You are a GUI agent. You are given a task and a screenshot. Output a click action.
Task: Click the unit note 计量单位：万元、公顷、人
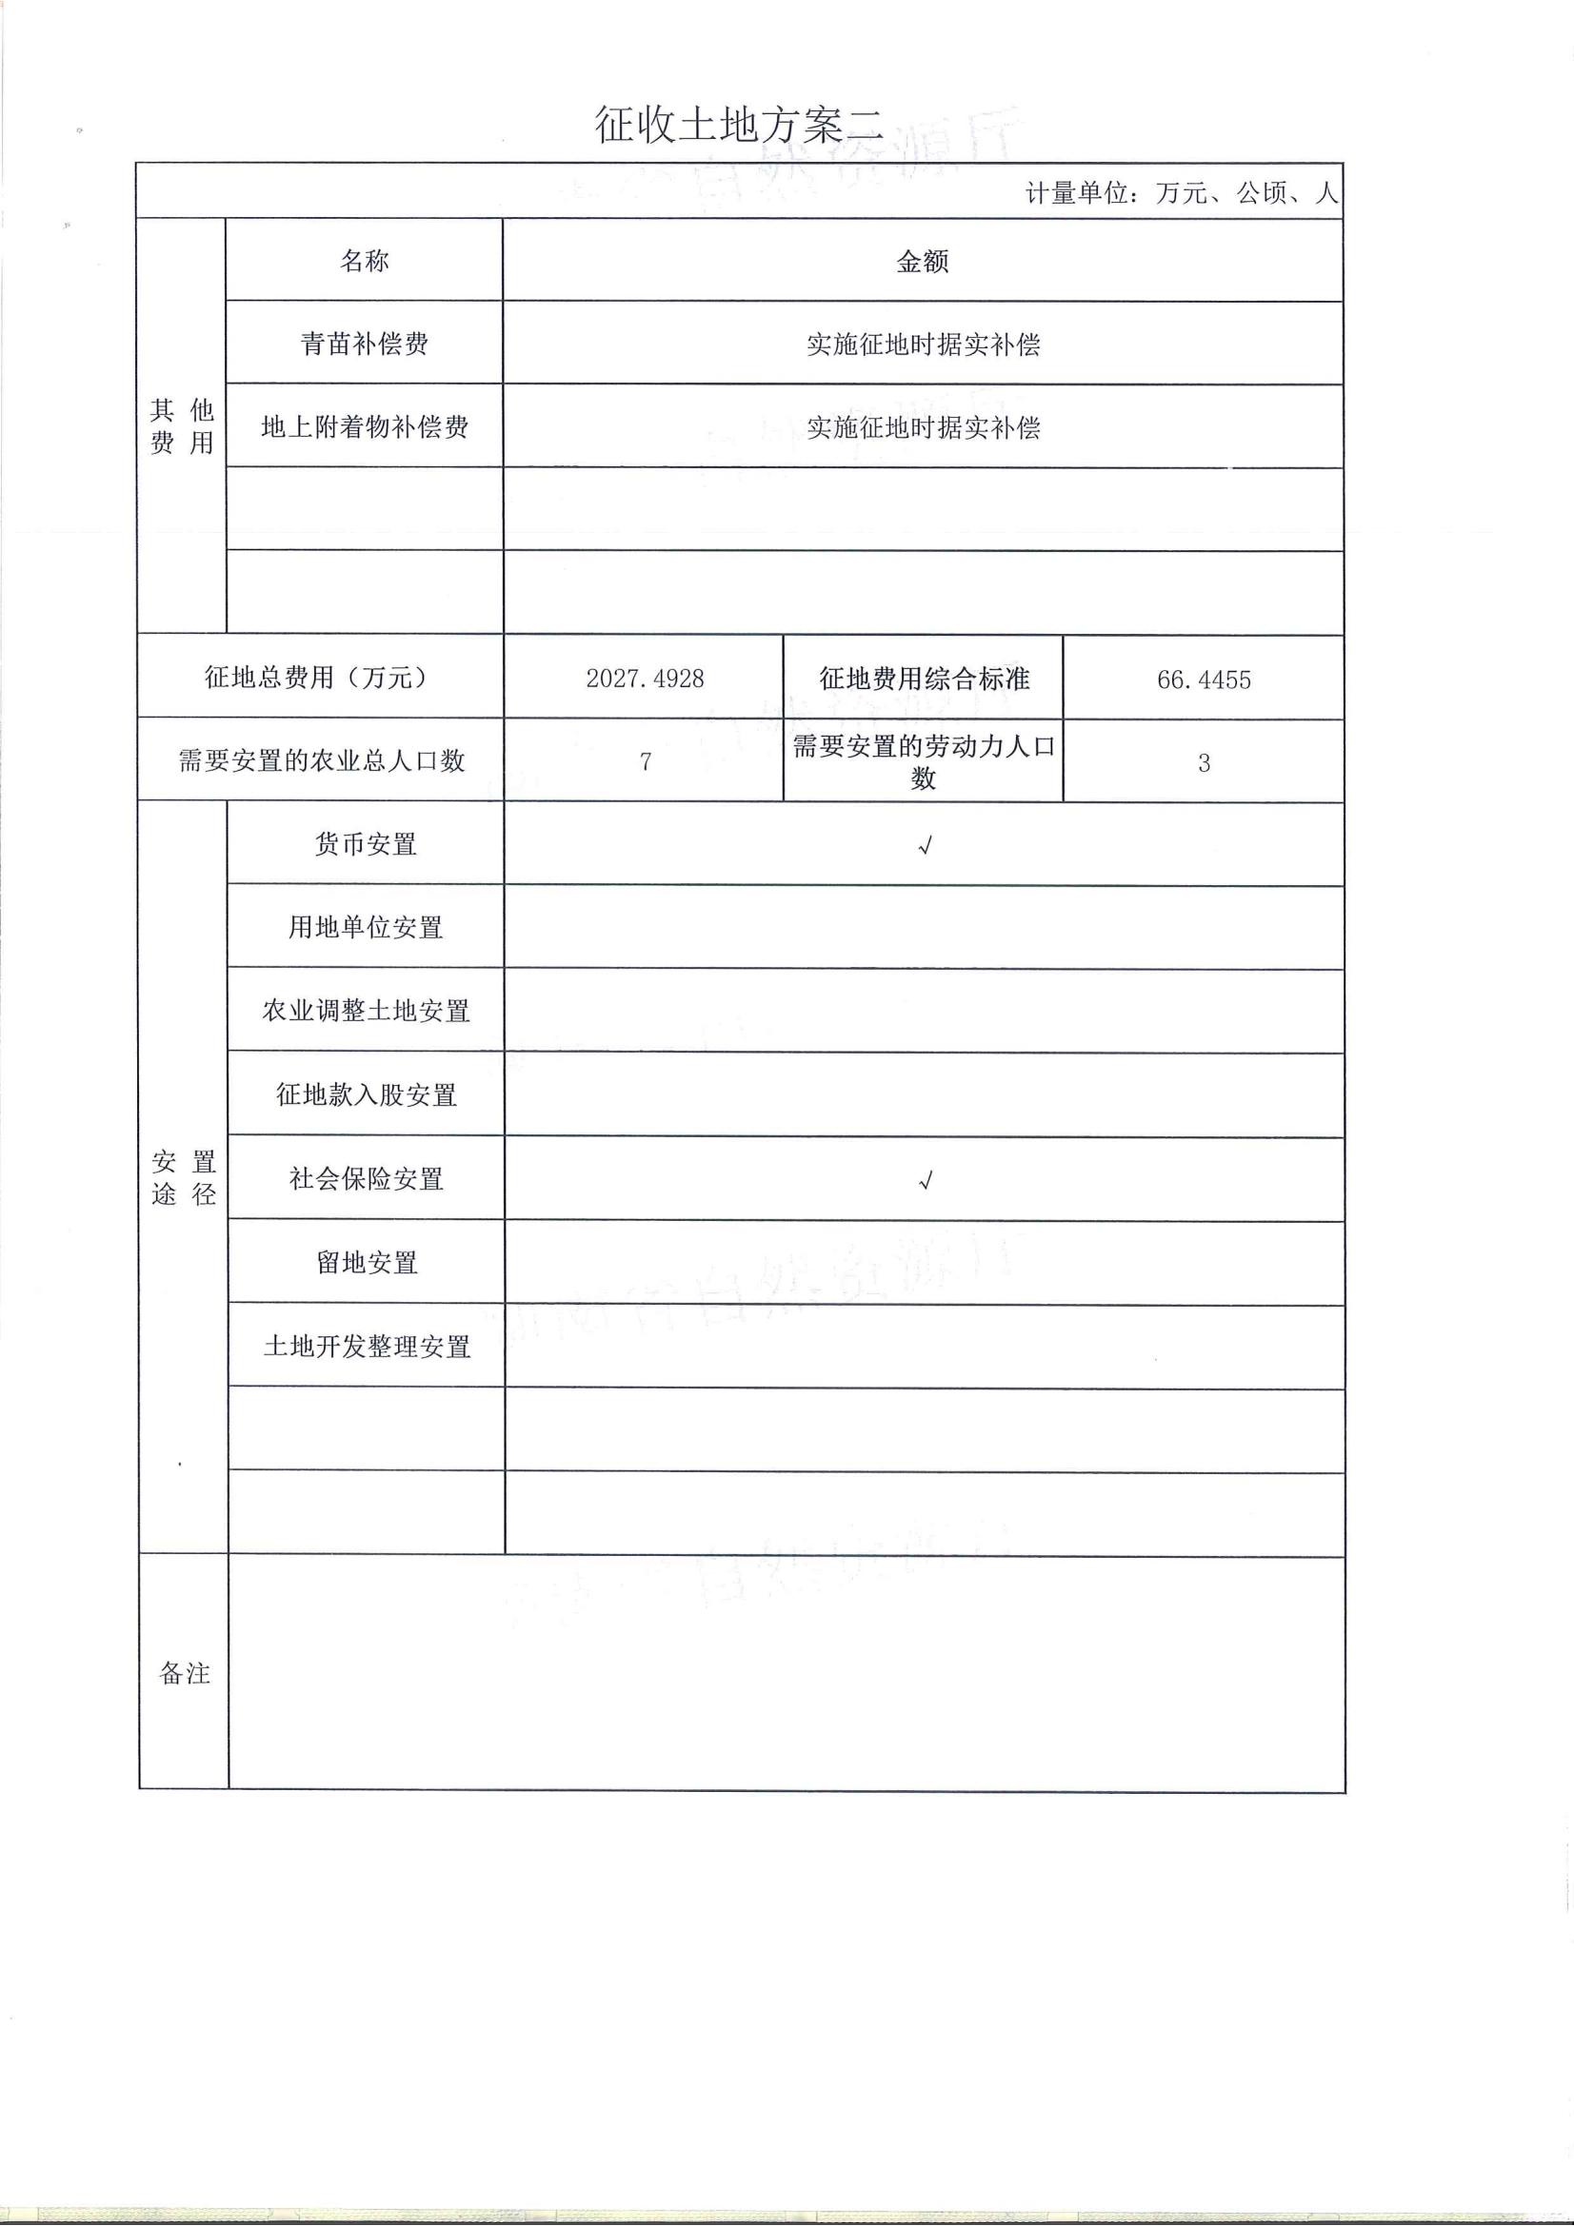(1182, 193)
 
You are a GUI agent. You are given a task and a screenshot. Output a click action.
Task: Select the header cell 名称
(365, 260)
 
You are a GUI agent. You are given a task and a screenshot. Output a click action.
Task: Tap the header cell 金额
(923, 261)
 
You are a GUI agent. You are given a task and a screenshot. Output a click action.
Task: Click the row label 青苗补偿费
(365, 344)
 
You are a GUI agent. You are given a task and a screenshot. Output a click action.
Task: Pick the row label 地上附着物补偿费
(365, 426)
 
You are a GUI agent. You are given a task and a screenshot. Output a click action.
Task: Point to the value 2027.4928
(645, 678)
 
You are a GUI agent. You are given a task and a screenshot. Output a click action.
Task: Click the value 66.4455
(1204, 679)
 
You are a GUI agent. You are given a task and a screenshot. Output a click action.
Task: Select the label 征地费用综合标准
(924, 678)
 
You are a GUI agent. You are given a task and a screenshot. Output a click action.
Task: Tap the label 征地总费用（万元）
(319, 677)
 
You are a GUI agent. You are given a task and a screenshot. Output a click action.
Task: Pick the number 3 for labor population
(1204, 763)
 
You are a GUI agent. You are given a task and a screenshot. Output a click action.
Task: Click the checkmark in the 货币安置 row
(926, 845)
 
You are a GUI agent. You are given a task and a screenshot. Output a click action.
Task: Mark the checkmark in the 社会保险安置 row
(926, 1180)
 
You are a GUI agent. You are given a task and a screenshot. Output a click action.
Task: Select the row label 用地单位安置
(366, 927)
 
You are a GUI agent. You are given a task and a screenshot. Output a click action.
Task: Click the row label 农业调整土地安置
(366, 1011)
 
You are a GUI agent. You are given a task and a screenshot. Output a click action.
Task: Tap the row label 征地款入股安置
(366, 1094)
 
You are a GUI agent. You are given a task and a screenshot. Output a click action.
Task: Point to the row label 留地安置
(367, 1262)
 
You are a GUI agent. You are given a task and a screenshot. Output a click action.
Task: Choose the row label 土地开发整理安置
(367, 1346)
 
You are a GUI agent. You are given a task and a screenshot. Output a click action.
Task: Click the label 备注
(185, 1673)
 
